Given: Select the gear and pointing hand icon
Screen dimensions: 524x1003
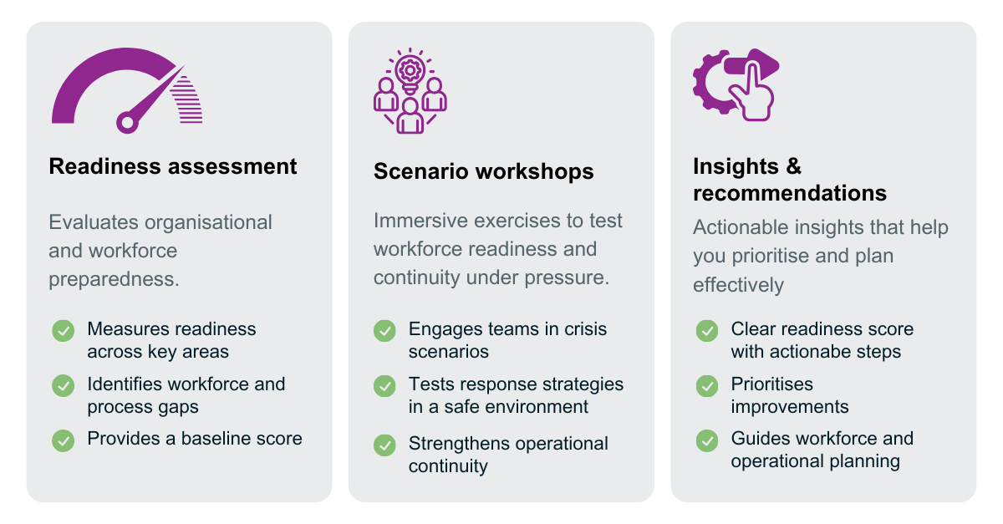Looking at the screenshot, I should pyautogui.click(x=736, y=84).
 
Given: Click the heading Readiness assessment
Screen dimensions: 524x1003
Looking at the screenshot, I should pyautogui.click(x=173, y=166).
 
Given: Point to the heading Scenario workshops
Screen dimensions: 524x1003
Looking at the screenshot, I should pyautogui.click(x=483, y=171).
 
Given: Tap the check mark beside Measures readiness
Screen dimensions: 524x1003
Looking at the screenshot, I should pyautogui.click(x=64, y=330).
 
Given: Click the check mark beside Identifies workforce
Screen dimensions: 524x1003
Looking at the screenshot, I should pyautogui.click(x=64, y=385).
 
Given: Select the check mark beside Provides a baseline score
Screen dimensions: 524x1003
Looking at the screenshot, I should pyautogui.click(x=64, y=440).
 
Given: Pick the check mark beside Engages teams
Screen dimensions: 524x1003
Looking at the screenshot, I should pyautogui.click(x=384, y=331).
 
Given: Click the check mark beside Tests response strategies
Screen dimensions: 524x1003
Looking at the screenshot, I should pyautogui.click(x=384, y=385).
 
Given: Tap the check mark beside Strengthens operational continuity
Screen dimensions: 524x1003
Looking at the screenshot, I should pyautogui.click(x=384, y=445).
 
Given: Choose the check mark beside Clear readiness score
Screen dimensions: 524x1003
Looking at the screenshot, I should pyautogui.click(x=707, y=331).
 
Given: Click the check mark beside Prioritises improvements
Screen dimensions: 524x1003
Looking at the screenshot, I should pyautogui.click(x=707, y=385).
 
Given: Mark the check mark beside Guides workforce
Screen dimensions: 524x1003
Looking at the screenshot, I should pyautogui.click(x=707, y=440).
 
